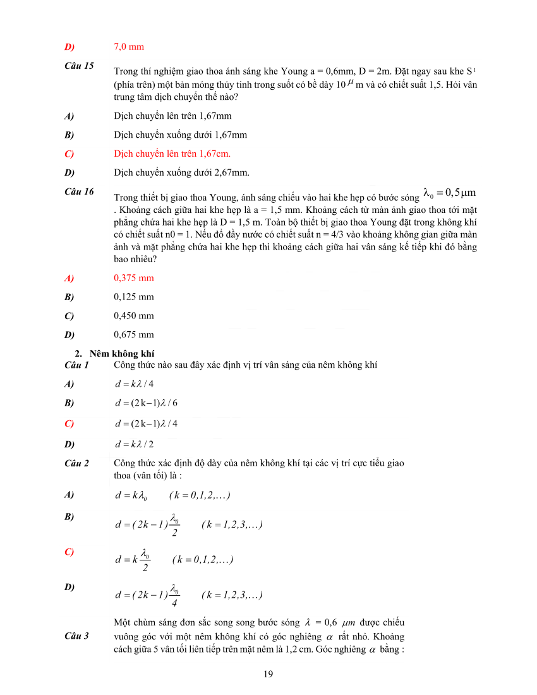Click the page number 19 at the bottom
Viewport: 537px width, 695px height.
(268, 674)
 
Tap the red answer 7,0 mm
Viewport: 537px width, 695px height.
(129, 47)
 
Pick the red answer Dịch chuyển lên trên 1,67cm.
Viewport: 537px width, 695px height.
(172, 154)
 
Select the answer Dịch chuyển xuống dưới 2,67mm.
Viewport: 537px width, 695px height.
(181, 172)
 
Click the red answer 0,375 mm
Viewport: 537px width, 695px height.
(134, 277)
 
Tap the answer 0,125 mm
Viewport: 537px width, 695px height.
(134, 296)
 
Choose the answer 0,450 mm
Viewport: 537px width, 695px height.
(134, 315)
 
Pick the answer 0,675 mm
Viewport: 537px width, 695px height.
(134, 334)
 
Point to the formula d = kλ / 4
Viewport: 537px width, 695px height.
(134, 384)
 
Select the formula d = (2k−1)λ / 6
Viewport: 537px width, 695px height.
(146, 402)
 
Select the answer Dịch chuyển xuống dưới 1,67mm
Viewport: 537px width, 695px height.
(180, 135)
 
